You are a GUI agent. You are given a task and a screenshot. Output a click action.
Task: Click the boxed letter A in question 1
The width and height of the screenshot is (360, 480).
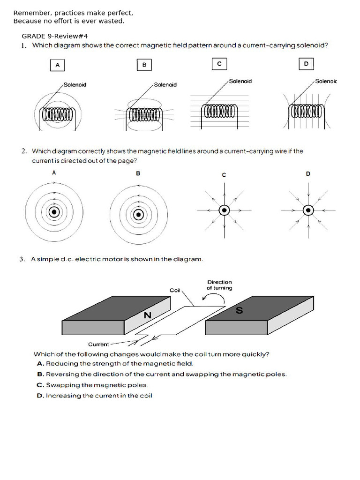[x=57, y=66]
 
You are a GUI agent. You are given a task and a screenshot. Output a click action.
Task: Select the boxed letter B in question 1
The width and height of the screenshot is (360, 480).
[x=144, y=66]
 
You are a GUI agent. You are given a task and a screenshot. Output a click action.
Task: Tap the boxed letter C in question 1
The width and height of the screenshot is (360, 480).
[x=219, y=64]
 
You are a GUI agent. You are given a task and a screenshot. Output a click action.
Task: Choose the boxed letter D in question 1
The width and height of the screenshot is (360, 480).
[x=306, y=64]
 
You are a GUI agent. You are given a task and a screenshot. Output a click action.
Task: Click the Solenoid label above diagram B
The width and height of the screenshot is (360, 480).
[x=165, y=85]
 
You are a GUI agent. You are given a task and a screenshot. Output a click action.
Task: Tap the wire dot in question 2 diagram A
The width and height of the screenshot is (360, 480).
[x=54, y=212]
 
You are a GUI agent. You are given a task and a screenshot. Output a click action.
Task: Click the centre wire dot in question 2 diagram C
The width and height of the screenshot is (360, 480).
[x=224, y=210]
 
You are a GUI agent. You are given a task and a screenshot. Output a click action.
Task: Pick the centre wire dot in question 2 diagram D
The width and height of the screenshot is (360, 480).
[x=308, y=210]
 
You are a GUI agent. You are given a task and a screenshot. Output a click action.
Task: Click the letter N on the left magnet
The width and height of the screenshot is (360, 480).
[x=148, y=315]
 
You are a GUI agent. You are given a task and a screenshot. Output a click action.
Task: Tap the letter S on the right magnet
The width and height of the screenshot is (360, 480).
[x=239, y=310]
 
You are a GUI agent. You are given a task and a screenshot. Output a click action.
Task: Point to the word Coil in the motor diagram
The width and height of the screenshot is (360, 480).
[x=175, y=291]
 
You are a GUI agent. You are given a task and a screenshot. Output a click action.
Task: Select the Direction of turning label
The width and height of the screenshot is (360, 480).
[x=219, y=285]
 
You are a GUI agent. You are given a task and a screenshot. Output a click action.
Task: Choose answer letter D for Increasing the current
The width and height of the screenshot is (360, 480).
[x=40, y=396]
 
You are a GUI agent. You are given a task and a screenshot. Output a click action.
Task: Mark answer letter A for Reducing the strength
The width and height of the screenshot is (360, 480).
[x=40, y=363]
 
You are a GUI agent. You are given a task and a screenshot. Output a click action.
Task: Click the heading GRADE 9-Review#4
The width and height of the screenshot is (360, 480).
[x=55, y=36]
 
